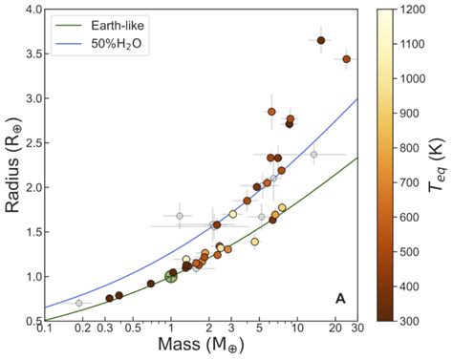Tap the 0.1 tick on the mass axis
coord(44,329)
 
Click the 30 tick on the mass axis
coord(357,329)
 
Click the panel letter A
coord(339,299)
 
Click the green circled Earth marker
coord(171,276)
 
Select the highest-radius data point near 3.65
coord(321,40)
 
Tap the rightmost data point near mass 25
coord(346,59)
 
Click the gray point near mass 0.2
coord(79,303)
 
